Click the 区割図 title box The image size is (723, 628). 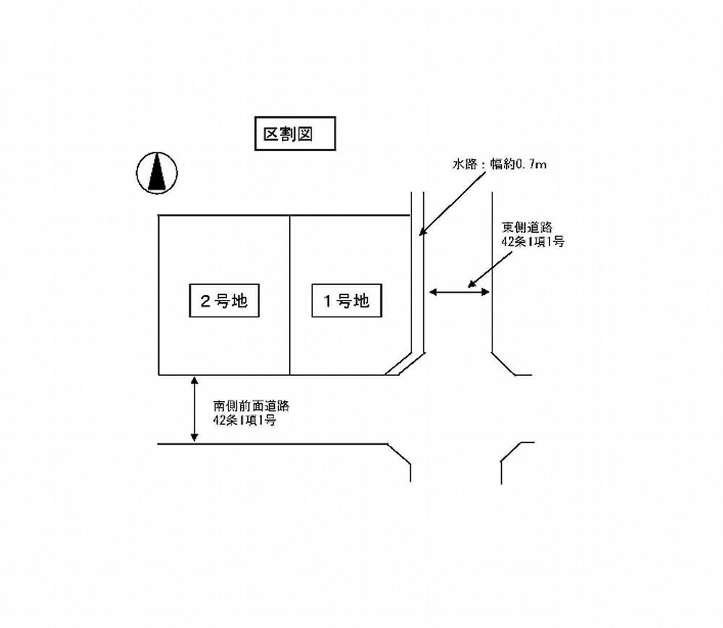pyautogui.click(x=295, y=134)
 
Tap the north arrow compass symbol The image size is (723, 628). pyautogui.click(x=157, y=173)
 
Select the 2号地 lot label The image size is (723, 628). pyautogui.click(x=224, y=301)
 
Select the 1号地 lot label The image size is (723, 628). pyautogui.click(x=347, y=301)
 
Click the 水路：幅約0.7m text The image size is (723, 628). pyautogui.click(x=500, y=164)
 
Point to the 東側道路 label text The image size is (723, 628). pyautogui.click(x=526, y=227)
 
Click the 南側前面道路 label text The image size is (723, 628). pyautogui.click(x=252, y=406)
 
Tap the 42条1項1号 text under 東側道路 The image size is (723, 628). pyautogui.click(x=533, y=241)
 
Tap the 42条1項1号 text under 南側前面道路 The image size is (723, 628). pyautogui.click(x=244, y=420)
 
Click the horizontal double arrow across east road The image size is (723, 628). pyautogui.click(x=459, y=292)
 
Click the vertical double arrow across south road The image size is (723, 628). pyautogui.click(x=194, y=409)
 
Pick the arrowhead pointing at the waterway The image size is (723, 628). pyautogui.click(x=422, y=231)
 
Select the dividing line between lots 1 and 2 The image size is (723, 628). pyautogui.click(x=290, y=295)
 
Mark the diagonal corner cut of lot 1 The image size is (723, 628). pyautogui.click(x=398, y=364)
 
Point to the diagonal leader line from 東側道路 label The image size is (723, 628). pyautogui.click(x=490, y=269)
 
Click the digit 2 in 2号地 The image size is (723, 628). pyautogui.click(x=205, y=301)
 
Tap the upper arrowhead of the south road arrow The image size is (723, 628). pyautogui.click(x=194, y=381)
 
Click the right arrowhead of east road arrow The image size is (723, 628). pyautogui.click(x=485, y=292)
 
